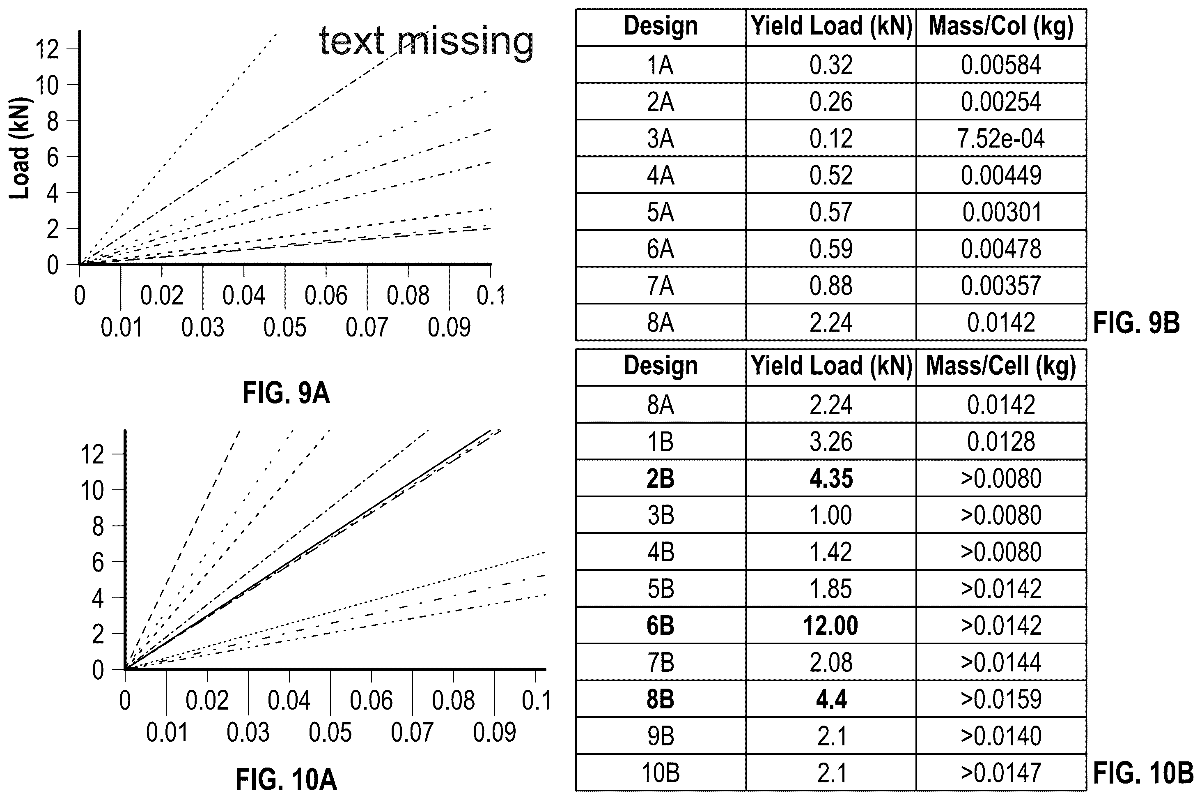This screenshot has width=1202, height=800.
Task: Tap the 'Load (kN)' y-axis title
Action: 20,148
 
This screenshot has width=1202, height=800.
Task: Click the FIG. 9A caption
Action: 286,393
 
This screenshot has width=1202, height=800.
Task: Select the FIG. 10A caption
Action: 286,779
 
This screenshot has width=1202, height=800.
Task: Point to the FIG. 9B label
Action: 1136,323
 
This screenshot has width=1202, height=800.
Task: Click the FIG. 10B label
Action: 1143,773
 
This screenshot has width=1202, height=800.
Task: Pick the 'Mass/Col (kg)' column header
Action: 1001,26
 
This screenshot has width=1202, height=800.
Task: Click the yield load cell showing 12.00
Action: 831,625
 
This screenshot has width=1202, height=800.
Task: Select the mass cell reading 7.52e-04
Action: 1001,139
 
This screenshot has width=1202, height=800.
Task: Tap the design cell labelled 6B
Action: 661,625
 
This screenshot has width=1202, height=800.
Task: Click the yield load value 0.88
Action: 831,286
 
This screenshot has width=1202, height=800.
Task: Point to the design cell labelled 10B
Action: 661,773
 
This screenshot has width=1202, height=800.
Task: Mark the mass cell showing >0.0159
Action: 1001,699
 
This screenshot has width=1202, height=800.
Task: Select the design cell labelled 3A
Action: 661,139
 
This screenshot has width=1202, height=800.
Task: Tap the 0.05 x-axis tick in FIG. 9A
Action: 285,327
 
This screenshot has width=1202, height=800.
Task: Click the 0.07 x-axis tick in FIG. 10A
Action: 412,733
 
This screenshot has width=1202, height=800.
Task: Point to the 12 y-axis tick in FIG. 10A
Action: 93,454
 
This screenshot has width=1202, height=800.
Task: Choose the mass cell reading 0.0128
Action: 1001,442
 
